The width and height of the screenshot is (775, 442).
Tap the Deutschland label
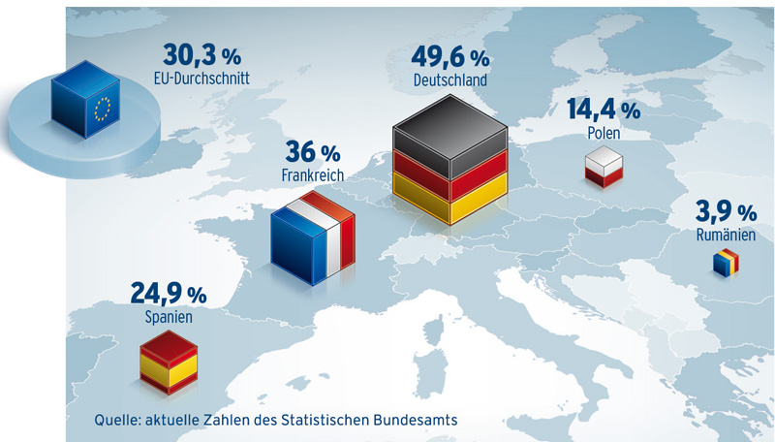[449, 81]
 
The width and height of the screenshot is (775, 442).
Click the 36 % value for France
[313, 153]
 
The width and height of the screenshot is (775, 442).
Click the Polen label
[603, 133]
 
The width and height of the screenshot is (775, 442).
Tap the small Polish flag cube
[603, 167]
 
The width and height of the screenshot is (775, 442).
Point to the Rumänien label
[726, 235]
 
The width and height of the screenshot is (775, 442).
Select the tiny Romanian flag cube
[726, 263]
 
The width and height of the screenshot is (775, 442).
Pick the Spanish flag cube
[170, 363]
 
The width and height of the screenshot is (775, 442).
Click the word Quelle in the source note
[118, 420]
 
